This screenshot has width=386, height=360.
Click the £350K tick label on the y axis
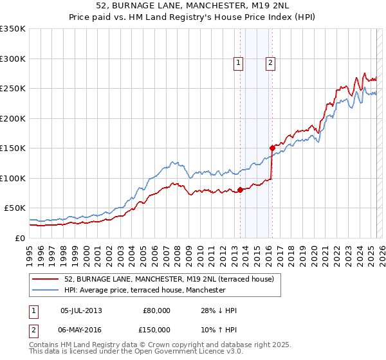tap(13, 29)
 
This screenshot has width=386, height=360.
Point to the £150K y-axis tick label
tap(13, 148)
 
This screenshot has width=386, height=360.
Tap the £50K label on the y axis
tap(15, 208)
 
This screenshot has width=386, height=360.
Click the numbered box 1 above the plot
tap(239, 62)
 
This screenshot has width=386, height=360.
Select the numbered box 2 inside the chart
tap(270, 62)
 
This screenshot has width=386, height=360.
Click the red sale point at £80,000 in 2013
tap(240, 190)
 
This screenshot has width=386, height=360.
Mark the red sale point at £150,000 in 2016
tap(272, 148)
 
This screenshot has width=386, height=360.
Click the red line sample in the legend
tap(46, 279)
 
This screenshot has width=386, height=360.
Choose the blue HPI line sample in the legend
tap(46, 290)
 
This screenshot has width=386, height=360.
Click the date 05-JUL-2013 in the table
tap(81, 310)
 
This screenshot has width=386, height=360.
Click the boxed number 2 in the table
tap(34, 329)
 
